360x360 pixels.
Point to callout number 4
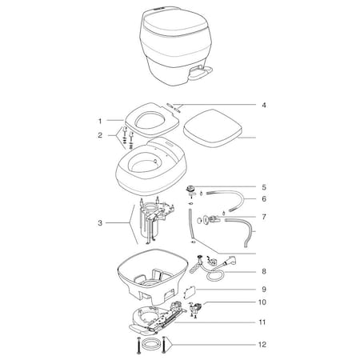click(x=263, y=105)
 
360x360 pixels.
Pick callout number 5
click(x=263, y=186)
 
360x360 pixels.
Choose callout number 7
click(x=263, y=217)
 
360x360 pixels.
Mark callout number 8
click(x=263, y=271)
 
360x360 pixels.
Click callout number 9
click(x=263, y=289)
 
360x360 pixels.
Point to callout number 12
click(x=263, y=346)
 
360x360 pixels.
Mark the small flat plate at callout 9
click(x=193, y=293)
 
